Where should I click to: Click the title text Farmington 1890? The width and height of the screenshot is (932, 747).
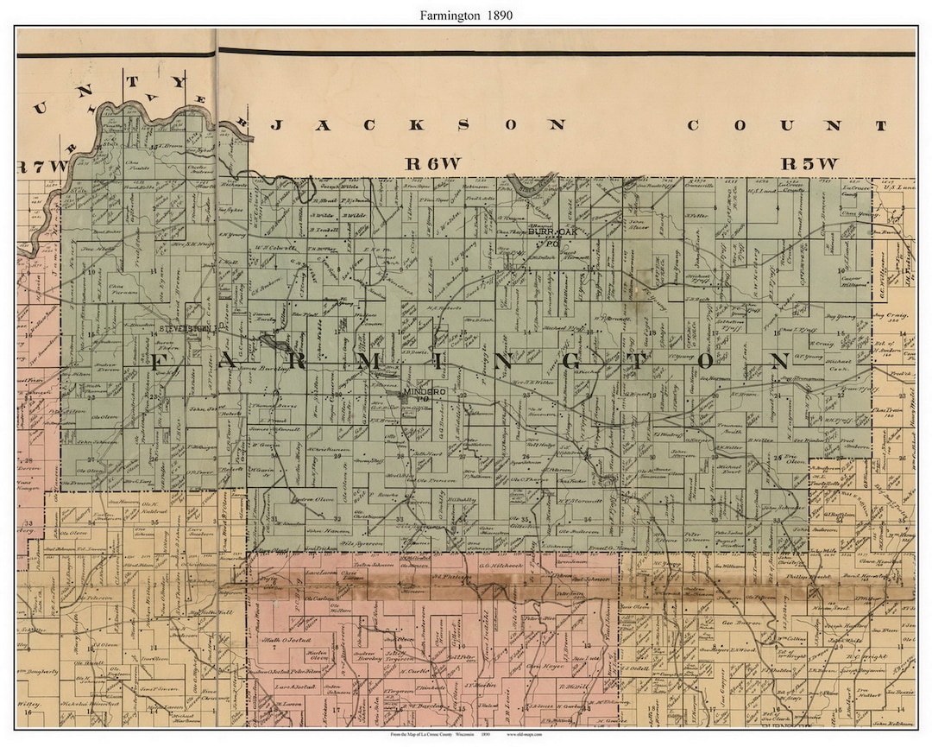[466, 14]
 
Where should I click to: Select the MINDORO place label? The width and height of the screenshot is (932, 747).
[424, 394]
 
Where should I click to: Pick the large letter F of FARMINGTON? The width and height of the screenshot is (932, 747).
[161, 362]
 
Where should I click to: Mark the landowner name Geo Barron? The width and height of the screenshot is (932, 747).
[725, 622]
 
